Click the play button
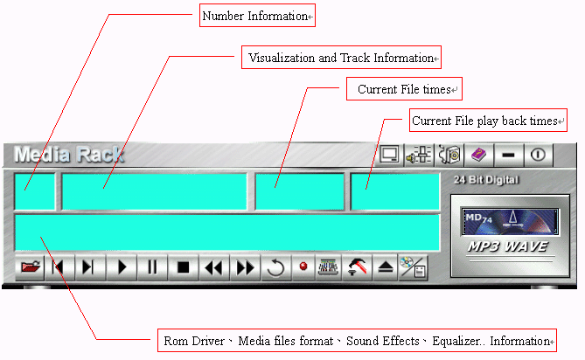click(x=122, y=267)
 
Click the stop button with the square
click(x=184, y=267)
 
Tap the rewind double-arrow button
click(x=213, y=267)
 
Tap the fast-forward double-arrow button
click(x=245, y=267)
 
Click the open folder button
click(x=31, y=267)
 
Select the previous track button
click(x=60, y=267)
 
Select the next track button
click(x=90, y=267)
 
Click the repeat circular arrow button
click(x=275, y=267)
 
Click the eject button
click(x=386, y=267)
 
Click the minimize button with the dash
click(x=508, y=155)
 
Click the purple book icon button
click(x=478, y=155)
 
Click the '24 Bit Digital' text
click(x=487, y=180)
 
